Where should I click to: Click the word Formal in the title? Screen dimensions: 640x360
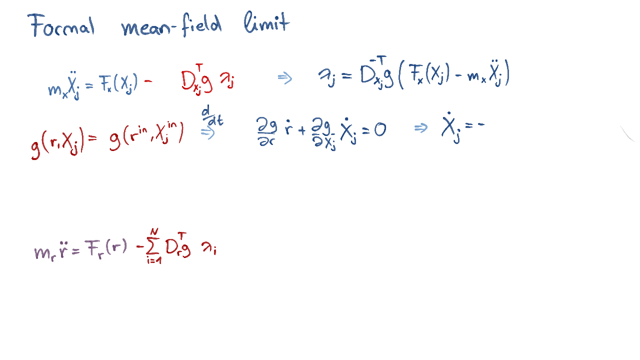point(61,25)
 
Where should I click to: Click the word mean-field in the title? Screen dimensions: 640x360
point(171,25)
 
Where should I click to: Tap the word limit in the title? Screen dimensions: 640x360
point(267,22)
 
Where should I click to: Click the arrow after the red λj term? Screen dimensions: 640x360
point(285,78)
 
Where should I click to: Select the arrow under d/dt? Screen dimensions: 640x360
point(207,133)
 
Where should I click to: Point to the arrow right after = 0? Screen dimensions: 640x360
point(421,127)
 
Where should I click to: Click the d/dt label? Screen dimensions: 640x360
point(212,115)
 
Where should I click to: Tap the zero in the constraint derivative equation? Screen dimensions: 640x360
point(380,130)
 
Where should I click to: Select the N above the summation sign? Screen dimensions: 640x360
point(154,231)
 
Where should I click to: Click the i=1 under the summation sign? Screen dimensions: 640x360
point(154,260)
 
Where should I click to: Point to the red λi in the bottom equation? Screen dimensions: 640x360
point(209,247)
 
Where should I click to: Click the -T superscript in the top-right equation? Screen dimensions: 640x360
point(377,60)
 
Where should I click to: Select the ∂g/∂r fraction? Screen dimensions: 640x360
point(266,131)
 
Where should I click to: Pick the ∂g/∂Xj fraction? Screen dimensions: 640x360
point(323,133)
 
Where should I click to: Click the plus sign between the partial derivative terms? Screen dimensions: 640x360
point(301,130)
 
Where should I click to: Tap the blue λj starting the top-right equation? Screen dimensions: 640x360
point(327,77)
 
